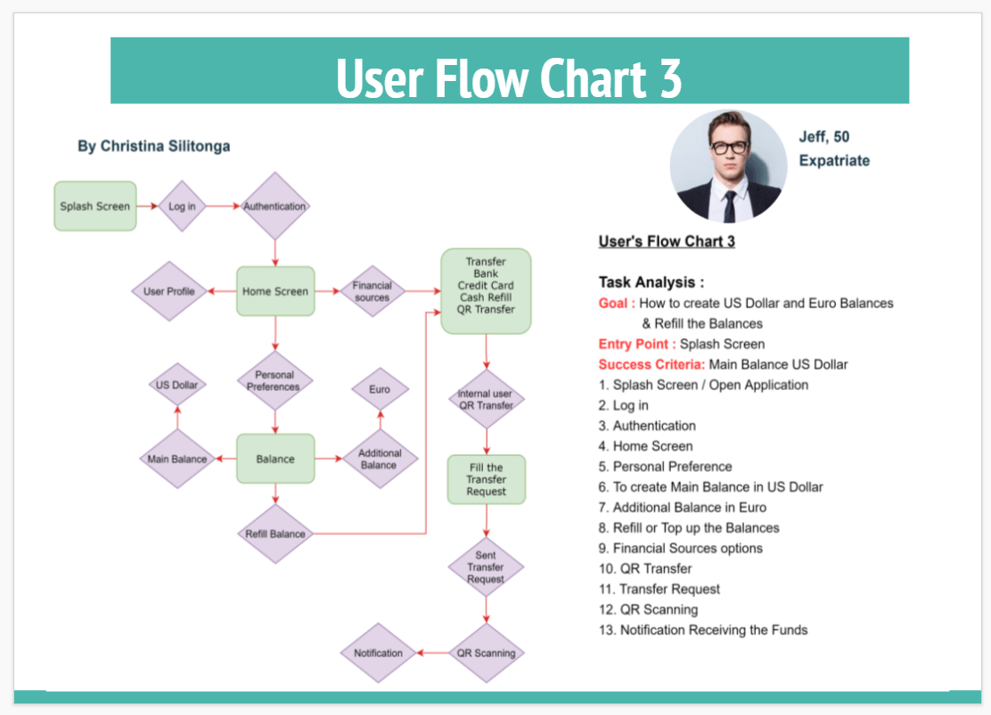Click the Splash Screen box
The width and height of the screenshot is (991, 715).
pyautogui.click(x=95, y=206)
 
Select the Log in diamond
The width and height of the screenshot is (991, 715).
pyautogui.click(x=183, y=206)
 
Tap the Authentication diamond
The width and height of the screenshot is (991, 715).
pyautogui.click(x=274, y=206)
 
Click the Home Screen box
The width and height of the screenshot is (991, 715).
pyautogui.click(x=275, y=291)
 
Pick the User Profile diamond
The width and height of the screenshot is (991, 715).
pyautogui.click(x=169, y=291)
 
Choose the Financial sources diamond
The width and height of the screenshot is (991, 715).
pyautogui.click(x=372, y=291)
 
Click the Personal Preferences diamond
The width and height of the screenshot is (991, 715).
pyautogui.click(x=274, y=381)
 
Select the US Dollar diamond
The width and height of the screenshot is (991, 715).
pyautogui.click(x=177, y=386)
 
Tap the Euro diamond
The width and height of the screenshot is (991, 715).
pyautogui.click(x=380, y=389)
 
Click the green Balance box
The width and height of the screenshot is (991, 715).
pyautogui.click(x=275, y=459)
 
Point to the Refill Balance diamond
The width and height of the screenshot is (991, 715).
pyautogui.click(x=275, y=534)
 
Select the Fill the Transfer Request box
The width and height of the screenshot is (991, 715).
pyautogui.click(x=486, y=480)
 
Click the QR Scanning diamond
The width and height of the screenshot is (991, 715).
pyautogui.click(x=486, y=653)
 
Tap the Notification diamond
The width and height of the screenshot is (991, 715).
pyautogui.click(x=379, y=653)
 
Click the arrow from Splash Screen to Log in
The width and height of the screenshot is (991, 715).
pyautogui.click(x=148, y=206)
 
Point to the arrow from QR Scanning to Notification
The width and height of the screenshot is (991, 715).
pyautogui.click(x=432, y=653)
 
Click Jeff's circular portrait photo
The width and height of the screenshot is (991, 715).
pyautogui.click(x=729, y=166)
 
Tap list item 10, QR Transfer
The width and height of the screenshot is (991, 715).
pyautogui.click(x=645, y=568)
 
